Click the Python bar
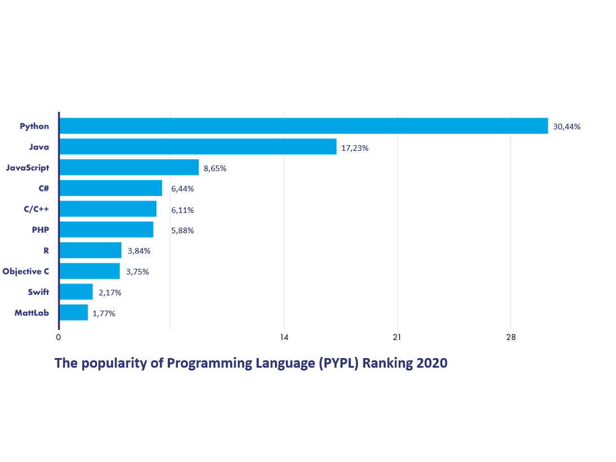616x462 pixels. point(304,126)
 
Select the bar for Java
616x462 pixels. point(198,147)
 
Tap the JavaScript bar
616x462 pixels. point(129,167)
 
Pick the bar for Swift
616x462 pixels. point(76,292)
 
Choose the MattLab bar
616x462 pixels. point(73,312)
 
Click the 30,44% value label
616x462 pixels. point(566,127)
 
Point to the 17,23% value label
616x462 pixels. point(355,148)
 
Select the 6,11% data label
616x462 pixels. point(182,210)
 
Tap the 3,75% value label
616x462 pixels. point(137,272)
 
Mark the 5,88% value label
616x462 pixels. point(182,230)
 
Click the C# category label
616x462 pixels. point(42,188)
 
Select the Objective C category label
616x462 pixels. point(25,271)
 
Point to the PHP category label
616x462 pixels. point(40,230)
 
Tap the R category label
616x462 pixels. point(46,251)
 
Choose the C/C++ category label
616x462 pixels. point(36,209)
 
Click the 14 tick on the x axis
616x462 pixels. point(284,338)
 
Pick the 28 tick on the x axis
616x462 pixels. point(510,338)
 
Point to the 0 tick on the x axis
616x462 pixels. point(58,338)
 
